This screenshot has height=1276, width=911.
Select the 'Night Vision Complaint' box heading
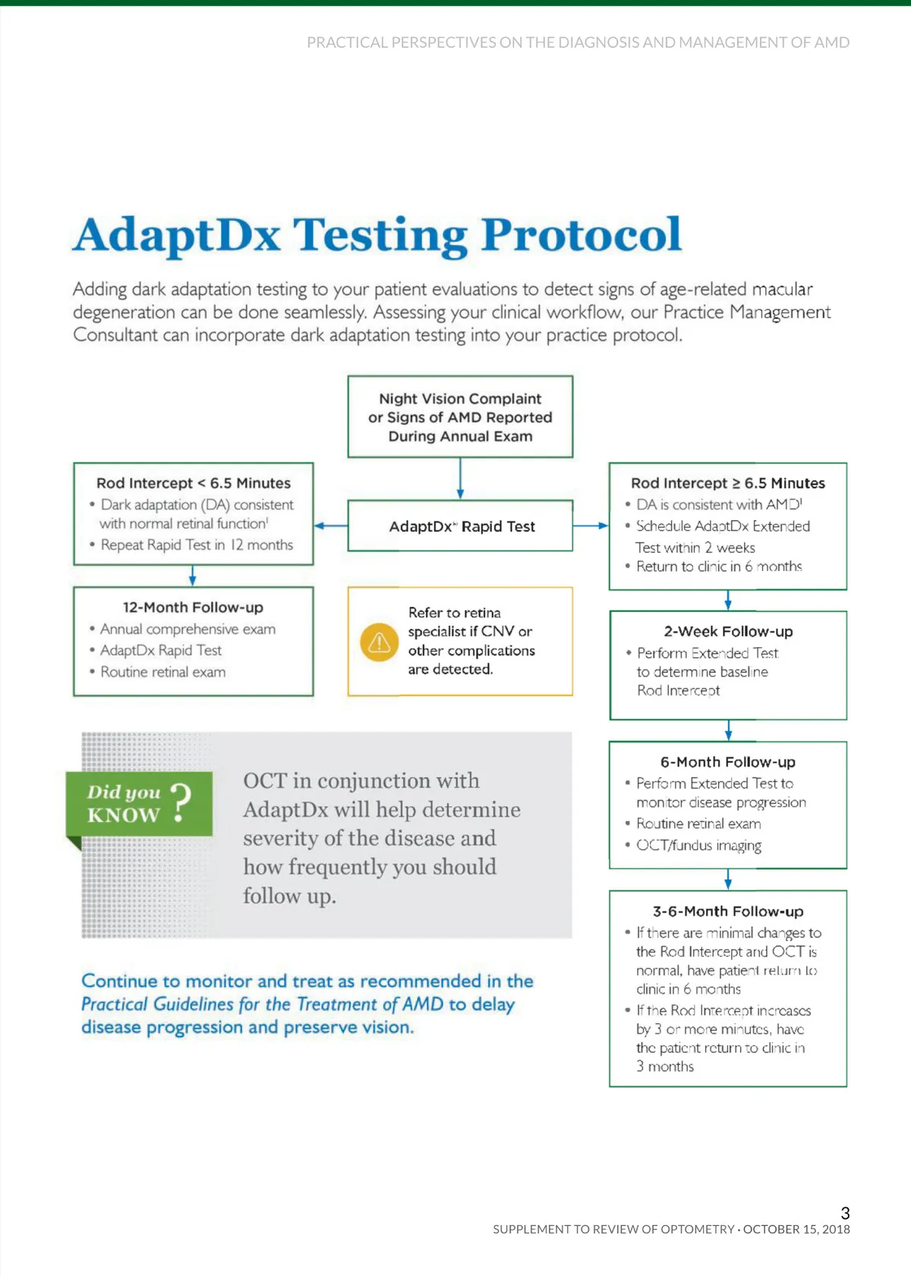pyautogui.click(x=460, y=399)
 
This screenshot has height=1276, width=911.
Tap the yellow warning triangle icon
pyautogui.click(x=379, y=643)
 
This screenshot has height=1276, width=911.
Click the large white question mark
pyautogui.click(x=181, y=802)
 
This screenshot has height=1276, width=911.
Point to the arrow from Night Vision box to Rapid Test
pyautogui.click(x=460, y=478)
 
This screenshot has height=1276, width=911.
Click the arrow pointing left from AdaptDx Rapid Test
pyautogui.click(x=330, y=526)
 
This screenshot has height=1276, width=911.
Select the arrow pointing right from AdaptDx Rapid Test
pyautogui.click(x=591, y=526)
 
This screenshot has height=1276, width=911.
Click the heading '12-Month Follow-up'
pyautogui.click(x=193, y=608)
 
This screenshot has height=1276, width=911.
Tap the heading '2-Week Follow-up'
pyautogui.click(x=728, y=631)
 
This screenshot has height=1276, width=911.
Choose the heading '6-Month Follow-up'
pyautogui.click(x=728, y=762)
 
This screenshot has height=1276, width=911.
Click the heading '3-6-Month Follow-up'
pyautogui.click(x=728, y=911)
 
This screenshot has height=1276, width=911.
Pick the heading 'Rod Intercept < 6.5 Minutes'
pyautogui.click(x=193, y=483)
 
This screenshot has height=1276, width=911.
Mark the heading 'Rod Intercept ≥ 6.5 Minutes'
pyautogui.click(x=728, y=483)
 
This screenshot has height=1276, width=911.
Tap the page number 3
pyautogui.click(x=845, y=1213)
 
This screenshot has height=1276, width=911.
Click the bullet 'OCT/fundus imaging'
pyautogui.click(x=698, y=845)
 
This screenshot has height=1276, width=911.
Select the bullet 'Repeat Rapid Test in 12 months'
pyautogui.click(x=197, y=545)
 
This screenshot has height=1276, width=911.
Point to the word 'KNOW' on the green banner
pyautogui.click(x=123, y=815)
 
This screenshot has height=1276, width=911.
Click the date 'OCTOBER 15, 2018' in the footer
pyautogui.click(x=796, y=1229)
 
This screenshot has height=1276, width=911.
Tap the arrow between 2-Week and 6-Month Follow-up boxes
pyautogui.click(x=728, y=731)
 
